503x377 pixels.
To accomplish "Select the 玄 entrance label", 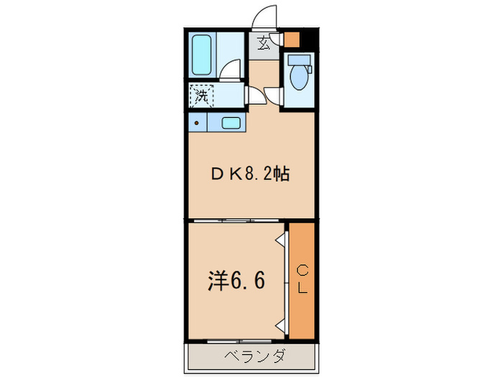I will pos(263,45).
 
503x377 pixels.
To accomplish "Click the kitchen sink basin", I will pos(231,123).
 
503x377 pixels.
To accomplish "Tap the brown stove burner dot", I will pos(197,123).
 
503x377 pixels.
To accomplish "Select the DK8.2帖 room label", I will pos(250,174).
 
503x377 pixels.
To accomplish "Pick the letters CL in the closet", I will pos(303,279).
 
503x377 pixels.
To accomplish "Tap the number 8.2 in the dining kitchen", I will pos(262,174).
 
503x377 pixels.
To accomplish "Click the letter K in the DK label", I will pos(233,174).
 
